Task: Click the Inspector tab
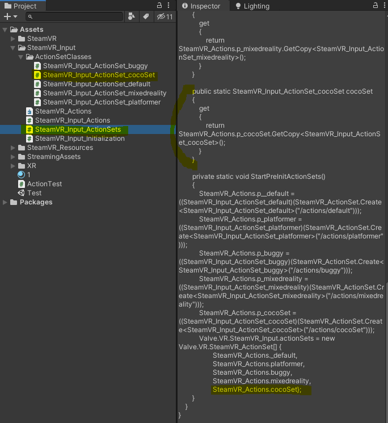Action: tap(205, 6)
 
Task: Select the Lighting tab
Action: tap(256, 6)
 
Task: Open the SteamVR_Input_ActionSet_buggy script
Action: tap(95, 66)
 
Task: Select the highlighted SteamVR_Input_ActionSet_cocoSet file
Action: tap(99, 75)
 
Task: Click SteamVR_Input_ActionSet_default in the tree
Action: tap(97, 84)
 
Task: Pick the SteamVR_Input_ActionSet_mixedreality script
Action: tap(104, 93)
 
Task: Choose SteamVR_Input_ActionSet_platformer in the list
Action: tap(102, 102)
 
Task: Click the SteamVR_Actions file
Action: tap(63, 111)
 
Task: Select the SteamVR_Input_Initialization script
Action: tap(79, 139)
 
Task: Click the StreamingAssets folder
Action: tap(54, 157)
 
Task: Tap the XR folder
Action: tap(31, 166)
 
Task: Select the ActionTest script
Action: tap(44, 184)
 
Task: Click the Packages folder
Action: tap(36, 202)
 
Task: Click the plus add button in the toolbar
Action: tap(8, 17)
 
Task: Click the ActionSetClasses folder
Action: tap(63, 57)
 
